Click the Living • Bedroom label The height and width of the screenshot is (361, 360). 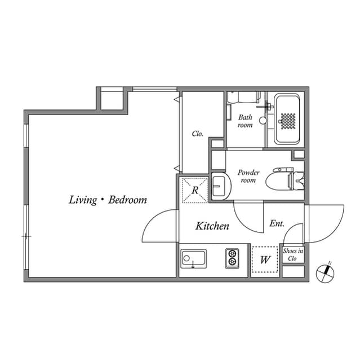click(x=108, y=200)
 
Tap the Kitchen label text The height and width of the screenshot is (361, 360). click(x=212, y=226)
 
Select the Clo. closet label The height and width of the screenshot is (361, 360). click(x=197, y=134)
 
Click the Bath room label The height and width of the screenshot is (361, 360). click(x=245, y=121)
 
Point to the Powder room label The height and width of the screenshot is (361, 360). click(x=248, y=177)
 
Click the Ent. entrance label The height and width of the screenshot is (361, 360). click(x=277, y=224)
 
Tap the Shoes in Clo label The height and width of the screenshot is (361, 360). click(x=292, y=254)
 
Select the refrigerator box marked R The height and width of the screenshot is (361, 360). click(x=194, y=190)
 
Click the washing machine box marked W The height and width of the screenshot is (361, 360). click(x=265, y=260)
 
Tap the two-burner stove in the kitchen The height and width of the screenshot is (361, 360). click(x=232, y=259)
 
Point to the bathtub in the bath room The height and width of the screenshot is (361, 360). click(x=288, y=120)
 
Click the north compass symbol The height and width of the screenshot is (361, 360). click(x=325, y=272)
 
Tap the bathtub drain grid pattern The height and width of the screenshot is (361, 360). click(x=288, y=121)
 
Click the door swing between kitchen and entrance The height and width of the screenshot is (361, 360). click(x=248, y=217)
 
